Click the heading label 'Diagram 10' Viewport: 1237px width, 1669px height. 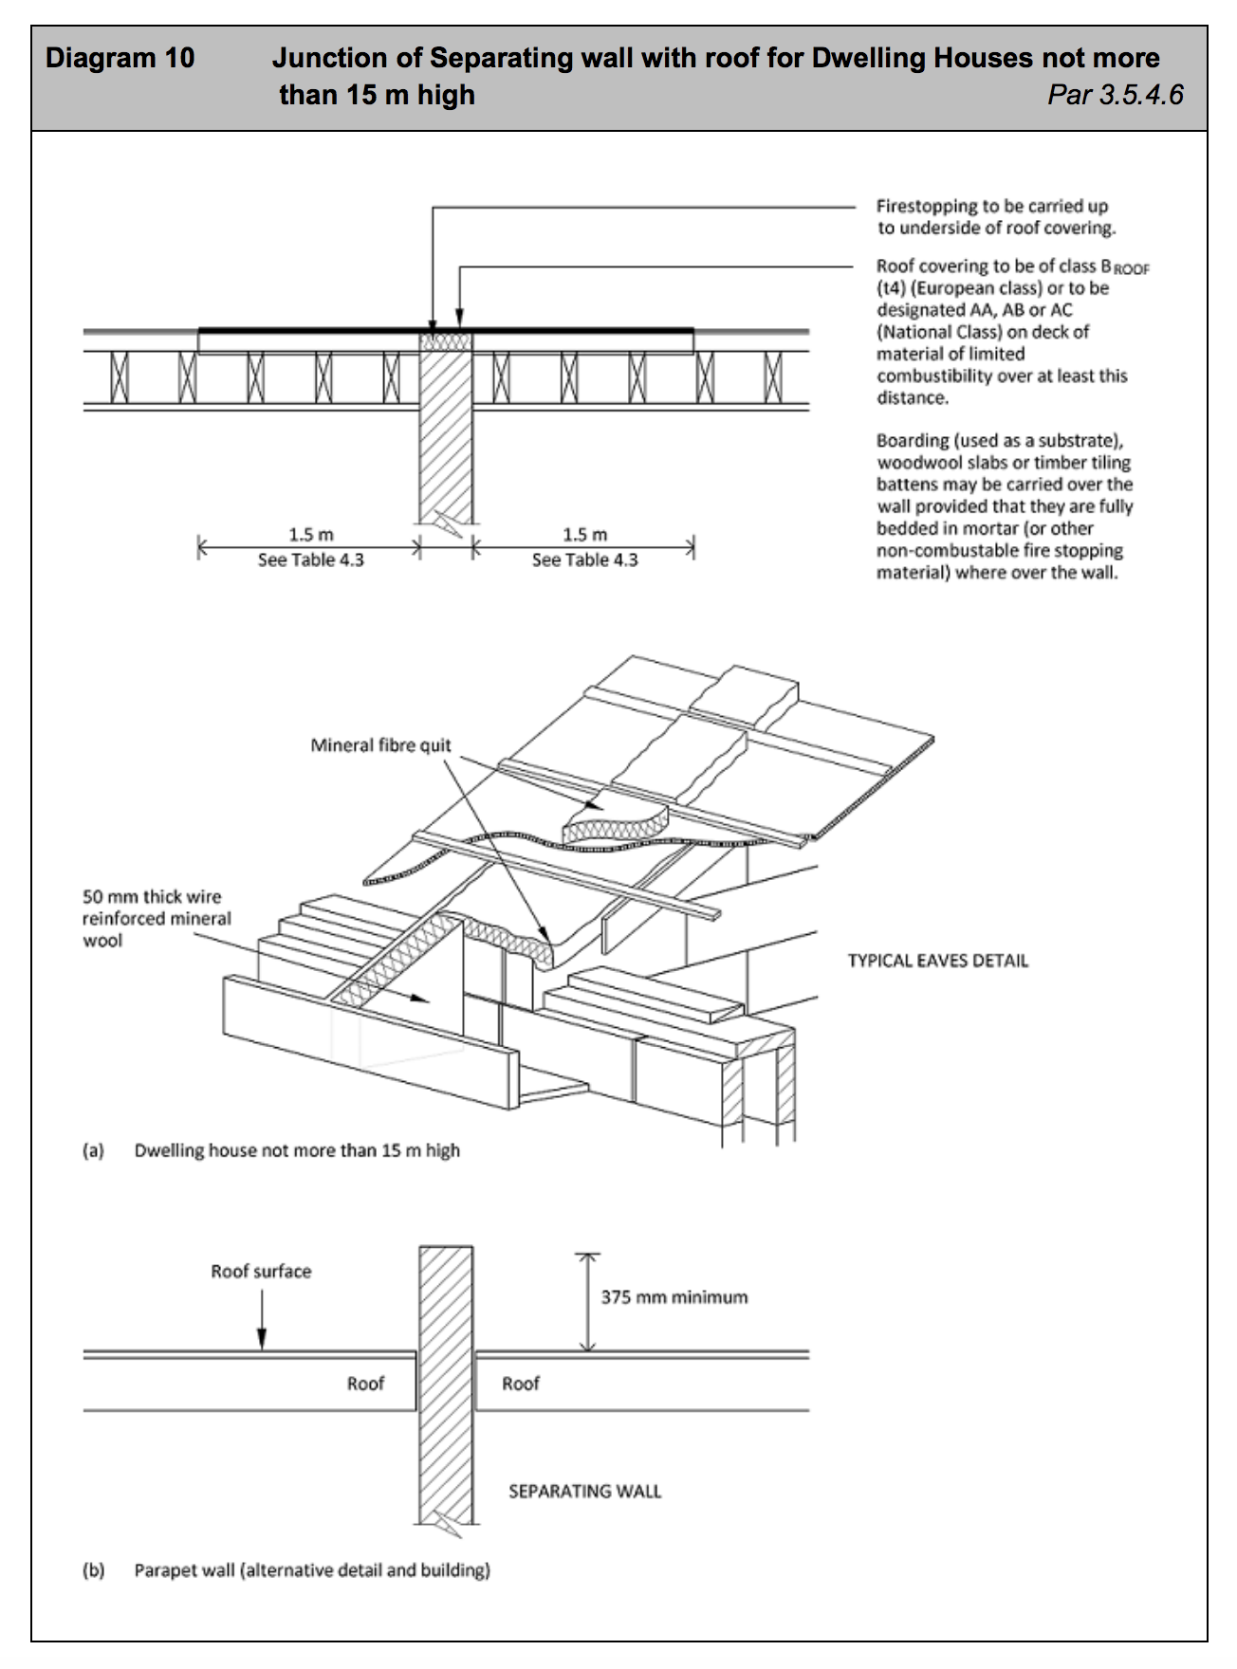(x=120, y=59)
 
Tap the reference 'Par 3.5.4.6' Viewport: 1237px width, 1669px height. (x=1116, y=95)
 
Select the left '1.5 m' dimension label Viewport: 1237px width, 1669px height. (x=310, y=535)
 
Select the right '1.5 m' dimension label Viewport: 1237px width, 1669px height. (x=584, y=535)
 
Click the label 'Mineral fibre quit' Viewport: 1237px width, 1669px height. (x=380, y=745)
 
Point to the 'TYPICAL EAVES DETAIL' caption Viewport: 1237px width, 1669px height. (x=937, y=961)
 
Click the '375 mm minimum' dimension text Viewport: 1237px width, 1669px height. (x=674, y=1297)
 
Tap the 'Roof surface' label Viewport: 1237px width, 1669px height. (x=261, y=1272)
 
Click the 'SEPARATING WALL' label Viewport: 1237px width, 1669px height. (x=584, y=1492)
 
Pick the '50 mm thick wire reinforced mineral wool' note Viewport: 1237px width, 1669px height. (x=157, y=918)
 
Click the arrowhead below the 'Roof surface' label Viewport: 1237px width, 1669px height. (x=262, y=1338)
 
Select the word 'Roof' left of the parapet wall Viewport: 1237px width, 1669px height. (x=365, y=1384)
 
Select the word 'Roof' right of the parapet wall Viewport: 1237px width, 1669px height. (x=520, y=1384)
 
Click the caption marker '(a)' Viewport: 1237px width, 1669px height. (x=93, y=1150)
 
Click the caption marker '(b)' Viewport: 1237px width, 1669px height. (x=93, y=1570)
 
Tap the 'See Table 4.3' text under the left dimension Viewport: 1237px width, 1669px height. (x=310, y=560)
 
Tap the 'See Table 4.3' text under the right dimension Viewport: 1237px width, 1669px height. (x=584, y=560)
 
